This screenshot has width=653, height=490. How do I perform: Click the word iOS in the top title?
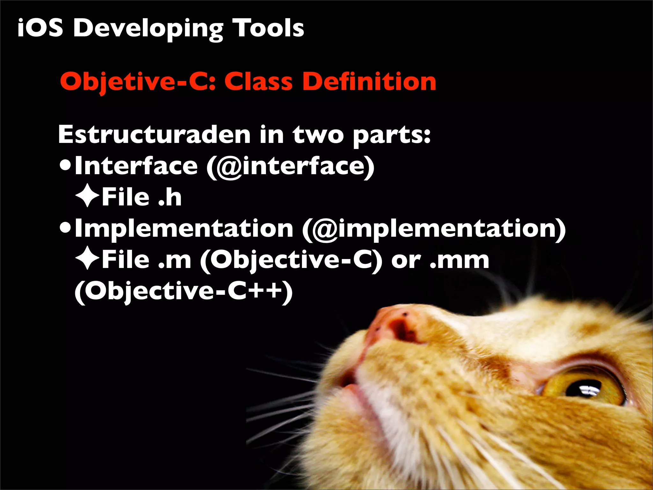click(x=40, y=28)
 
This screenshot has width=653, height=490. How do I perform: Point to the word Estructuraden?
click(x=154, y=135)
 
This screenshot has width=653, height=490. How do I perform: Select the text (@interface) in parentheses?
click(x=290, y=166)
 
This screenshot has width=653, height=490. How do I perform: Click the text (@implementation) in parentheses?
click(x=434, y=229)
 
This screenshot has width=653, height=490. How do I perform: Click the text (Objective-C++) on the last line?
click(x=183, y=291)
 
